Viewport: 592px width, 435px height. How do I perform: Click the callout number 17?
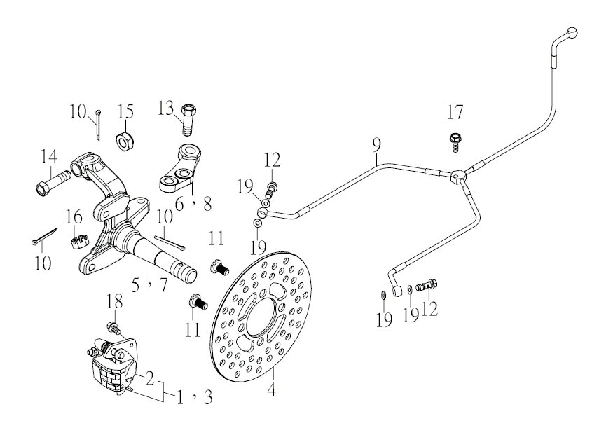click(x=455, y=113)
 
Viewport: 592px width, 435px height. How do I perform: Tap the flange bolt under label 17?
click(x=455, y=142)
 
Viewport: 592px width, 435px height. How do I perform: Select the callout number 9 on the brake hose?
click(x=376, y=146)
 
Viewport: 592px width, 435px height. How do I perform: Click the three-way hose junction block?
click(x=458, y=176)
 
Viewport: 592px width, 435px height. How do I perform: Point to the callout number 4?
click(x=271, y=389)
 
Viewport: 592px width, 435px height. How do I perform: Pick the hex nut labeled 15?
click(x=124, y=141)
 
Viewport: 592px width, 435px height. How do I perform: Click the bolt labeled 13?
click(x=188, y=120)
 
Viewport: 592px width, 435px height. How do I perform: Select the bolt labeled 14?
click(x=53, y=182)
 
